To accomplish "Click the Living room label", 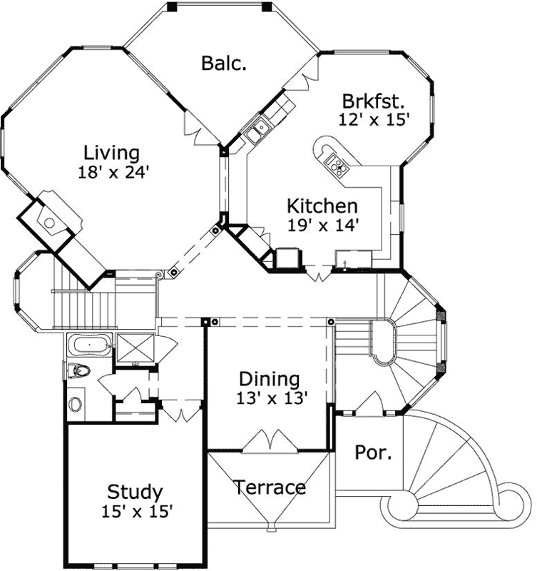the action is tap(112, 153).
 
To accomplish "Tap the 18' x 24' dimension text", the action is tap(114, 172).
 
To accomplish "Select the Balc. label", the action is tap(224, 63).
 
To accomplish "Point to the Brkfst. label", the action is tap(373, 101).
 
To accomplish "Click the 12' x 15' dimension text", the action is tap(374, 119).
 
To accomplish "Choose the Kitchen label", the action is tap(322, 206).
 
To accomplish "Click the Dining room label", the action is tap(270, 379).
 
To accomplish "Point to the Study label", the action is tap(135, 492).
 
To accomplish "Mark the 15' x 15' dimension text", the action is tap(136, 511).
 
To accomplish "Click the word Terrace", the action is tap(270, 487).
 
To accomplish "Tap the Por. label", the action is tap(373, 453).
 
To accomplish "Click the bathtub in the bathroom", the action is tap(90, 345).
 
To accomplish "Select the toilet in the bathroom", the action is tap(78, 371).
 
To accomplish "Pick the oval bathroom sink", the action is tap(76, 404).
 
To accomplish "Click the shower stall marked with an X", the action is tap(135, 348).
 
